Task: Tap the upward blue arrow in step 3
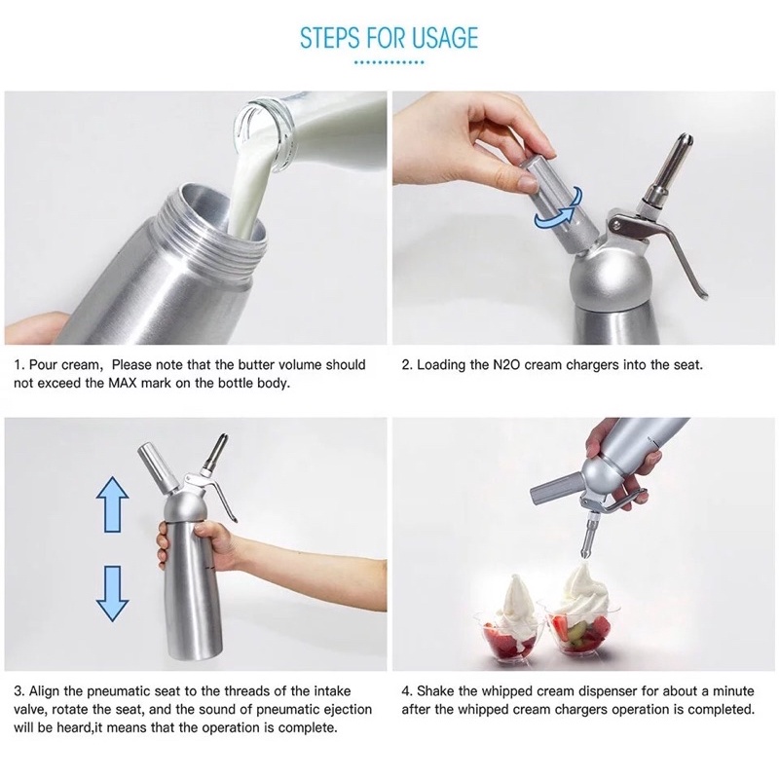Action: [112, 504]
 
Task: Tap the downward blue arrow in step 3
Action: [112, 594]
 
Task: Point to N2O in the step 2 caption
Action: [506, 364]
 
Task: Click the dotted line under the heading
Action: [389, 62]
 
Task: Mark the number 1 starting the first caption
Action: [18, 364]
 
